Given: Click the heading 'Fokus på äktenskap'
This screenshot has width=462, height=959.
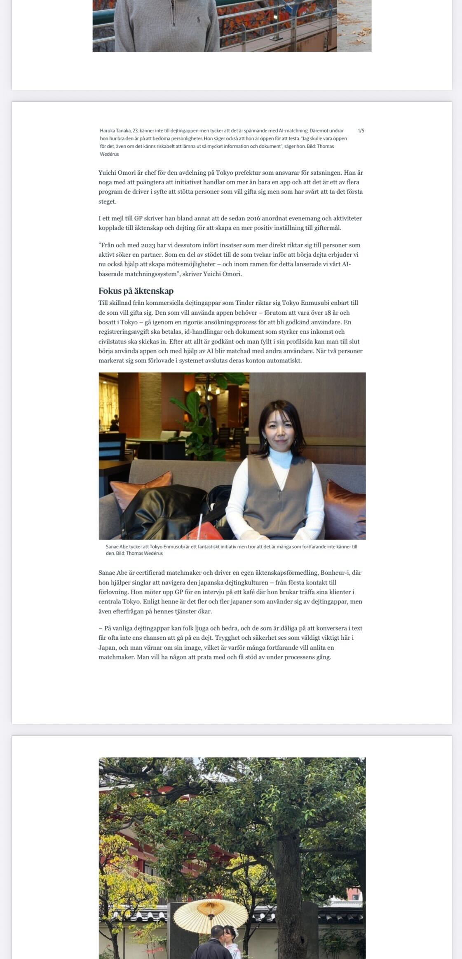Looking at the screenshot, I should point(136,291).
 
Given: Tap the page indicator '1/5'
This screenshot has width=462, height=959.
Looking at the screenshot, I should point(361,131).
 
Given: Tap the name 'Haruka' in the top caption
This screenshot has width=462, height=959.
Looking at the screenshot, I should point(107,131).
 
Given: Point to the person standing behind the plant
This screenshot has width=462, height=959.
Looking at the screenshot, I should point(203,416).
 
